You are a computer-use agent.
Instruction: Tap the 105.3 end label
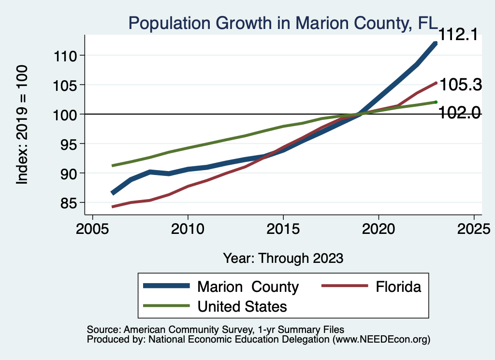pos(460,85)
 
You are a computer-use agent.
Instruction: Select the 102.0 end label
pos(459,113)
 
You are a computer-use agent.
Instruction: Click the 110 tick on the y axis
pos(66,56)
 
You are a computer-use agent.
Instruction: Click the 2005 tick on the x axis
pos(93,228)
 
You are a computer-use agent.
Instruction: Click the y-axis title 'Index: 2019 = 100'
pos(22,125)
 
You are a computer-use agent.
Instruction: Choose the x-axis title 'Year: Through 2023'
pos(283,258)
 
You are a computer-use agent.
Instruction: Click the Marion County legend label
pos(247,287)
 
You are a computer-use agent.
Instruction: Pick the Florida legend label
pos(398,287)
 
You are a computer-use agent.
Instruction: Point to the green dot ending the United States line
pos(436,102)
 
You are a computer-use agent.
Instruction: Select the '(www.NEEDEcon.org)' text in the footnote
pos(381,340)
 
